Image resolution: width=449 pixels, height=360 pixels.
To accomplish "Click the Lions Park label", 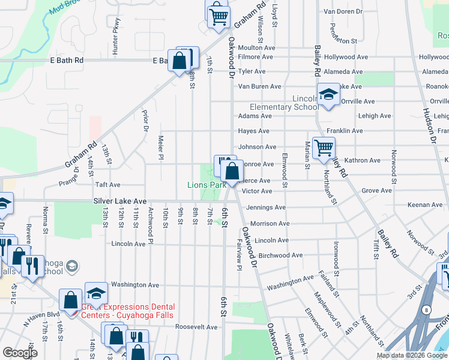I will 206,185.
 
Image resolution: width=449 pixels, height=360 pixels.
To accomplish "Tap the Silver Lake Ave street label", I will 120,201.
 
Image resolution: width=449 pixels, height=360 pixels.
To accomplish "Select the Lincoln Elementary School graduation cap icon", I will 328,95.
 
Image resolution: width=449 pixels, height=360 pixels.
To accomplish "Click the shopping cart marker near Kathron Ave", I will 324,147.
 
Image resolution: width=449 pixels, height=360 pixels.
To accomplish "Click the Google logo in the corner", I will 20,353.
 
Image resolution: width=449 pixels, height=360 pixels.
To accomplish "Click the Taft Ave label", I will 107,185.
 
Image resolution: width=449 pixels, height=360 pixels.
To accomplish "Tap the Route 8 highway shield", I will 425,309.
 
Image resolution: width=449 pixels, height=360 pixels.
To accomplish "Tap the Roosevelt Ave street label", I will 196,327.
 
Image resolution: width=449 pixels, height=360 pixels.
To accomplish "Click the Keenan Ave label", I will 425,205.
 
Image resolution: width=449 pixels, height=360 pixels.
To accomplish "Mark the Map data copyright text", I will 411,355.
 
